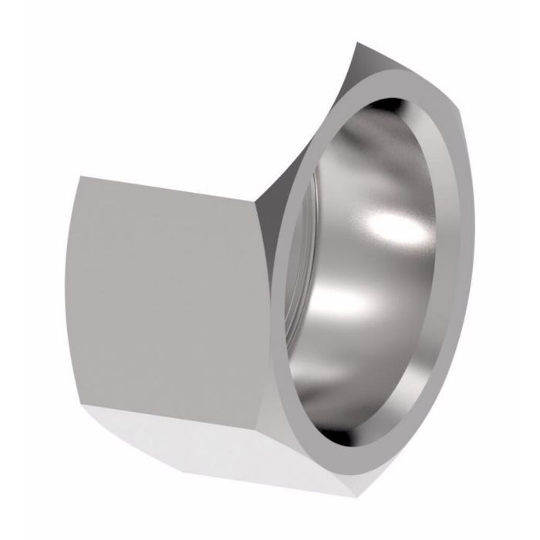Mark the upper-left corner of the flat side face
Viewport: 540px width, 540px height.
pyautogui.click(x=79, y=177)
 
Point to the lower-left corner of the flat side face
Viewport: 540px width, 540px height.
pyautogui.click(x=86, y=401)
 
